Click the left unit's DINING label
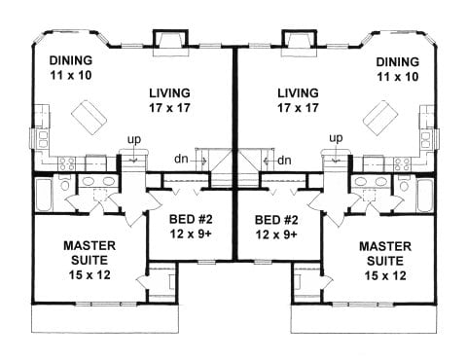(71, 60)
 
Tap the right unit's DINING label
(398, 62)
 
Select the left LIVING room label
(169, 93)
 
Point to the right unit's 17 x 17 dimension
(298, 108)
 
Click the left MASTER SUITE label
(90, 253)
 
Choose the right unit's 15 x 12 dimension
(385, 276)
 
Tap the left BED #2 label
(191, 220)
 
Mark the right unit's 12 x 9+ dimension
(276, 234)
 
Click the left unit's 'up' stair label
(134, 140)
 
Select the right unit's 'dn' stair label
(284, 161)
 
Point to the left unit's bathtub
(43, 194)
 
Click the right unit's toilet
(404, 185)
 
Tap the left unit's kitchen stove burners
(66, 162)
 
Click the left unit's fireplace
(170, 43)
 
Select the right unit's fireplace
(299, 43)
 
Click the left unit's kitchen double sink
(43, 139)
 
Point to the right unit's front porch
(363, 319)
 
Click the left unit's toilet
(64, 184)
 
